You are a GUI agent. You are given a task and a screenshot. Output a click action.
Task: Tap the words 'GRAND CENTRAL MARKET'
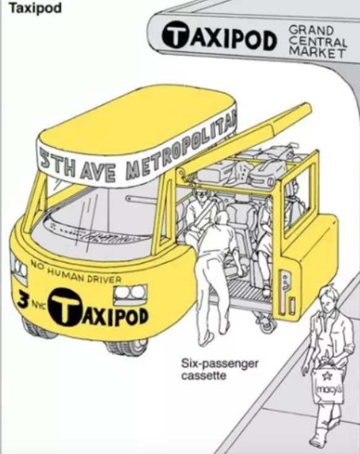(x=318, y=41)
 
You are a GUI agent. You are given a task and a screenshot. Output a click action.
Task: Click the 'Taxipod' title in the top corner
(x=35, y=8)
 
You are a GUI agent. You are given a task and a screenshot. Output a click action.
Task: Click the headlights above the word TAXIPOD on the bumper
(x=130, y=292)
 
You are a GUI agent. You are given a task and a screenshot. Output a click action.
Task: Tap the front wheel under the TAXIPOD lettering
(x=125, y=347)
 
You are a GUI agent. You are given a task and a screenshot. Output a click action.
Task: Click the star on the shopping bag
(x=329, y=375)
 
